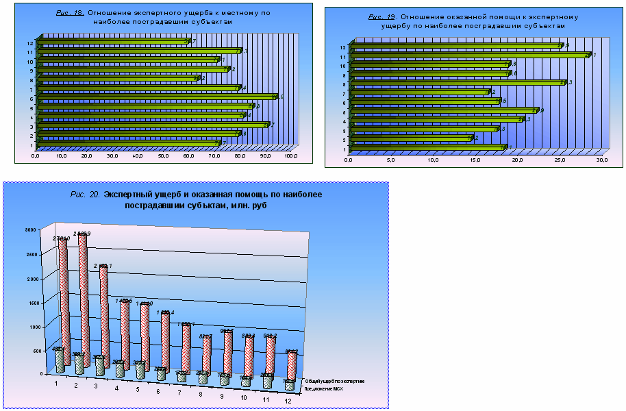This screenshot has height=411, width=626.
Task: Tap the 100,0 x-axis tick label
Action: click(290, 157)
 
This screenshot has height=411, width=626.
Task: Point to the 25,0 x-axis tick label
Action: click(560, 161)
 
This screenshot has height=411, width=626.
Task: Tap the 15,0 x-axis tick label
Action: click(475, 161)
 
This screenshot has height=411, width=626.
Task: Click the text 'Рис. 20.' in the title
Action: click(86, 195)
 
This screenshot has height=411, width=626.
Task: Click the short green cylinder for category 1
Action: click(60, 360)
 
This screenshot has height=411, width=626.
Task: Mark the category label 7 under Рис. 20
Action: click(179, 393)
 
